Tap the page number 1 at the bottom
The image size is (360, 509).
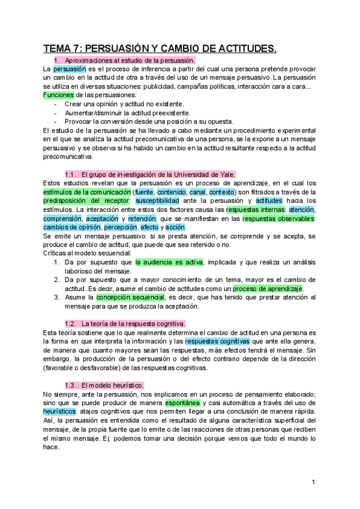[x=313, y=483]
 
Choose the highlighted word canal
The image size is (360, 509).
[x=197, y=192]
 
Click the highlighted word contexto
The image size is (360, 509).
[x=223, y=192]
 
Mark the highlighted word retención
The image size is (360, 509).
[x=142, y=218]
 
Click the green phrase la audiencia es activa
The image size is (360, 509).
[x=169, y=262]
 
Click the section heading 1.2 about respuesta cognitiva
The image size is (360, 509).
[x=125, y=324]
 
